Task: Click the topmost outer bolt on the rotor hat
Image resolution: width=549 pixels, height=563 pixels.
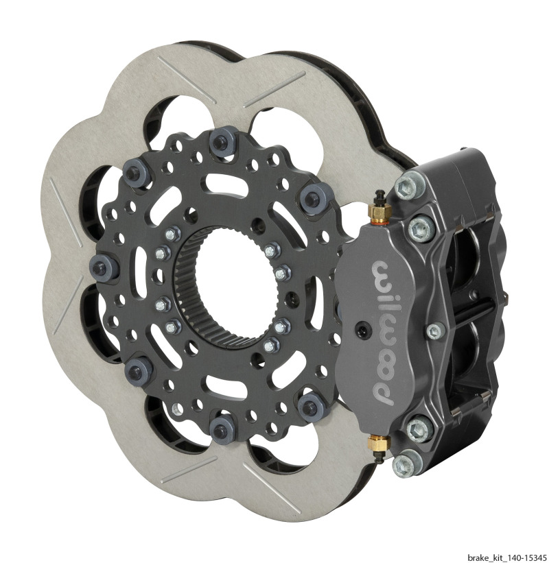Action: click(x=220, y=143)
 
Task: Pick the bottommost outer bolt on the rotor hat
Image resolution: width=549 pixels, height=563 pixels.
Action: click(x=222, y=431)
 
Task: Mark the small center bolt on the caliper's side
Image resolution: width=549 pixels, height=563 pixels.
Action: click(x=434, y=332)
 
